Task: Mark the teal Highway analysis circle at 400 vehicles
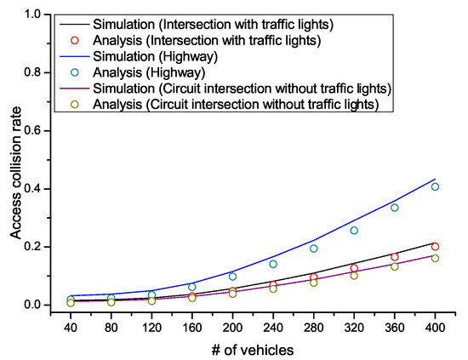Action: pos(435,186)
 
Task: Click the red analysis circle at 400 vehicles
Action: pos(435,246)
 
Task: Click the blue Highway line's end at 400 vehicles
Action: pos(435,179)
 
